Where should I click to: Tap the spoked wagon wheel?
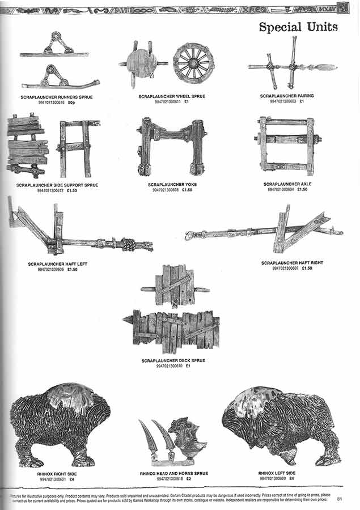(193, 62)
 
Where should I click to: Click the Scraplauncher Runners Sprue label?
(57, 97)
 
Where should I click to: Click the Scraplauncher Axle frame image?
(287, 146)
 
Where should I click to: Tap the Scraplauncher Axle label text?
(287, 184)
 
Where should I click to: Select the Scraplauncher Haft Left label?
(57, 264)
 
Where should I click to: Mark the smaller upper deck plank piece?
(175, 286)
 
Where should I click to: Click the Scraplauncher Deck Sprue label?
(173, 360)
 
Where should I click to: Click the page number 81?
(339, 499)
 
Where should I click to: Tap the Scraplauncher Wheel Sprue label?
(171, 97)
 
